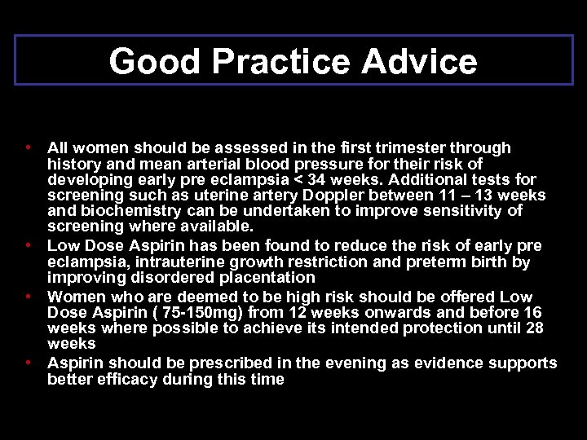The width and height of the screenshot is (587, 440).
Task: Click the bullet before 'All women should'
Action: point(28,147)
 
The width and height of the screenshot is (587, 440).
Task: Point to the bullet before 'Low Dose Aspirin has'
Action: point(28,244)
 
